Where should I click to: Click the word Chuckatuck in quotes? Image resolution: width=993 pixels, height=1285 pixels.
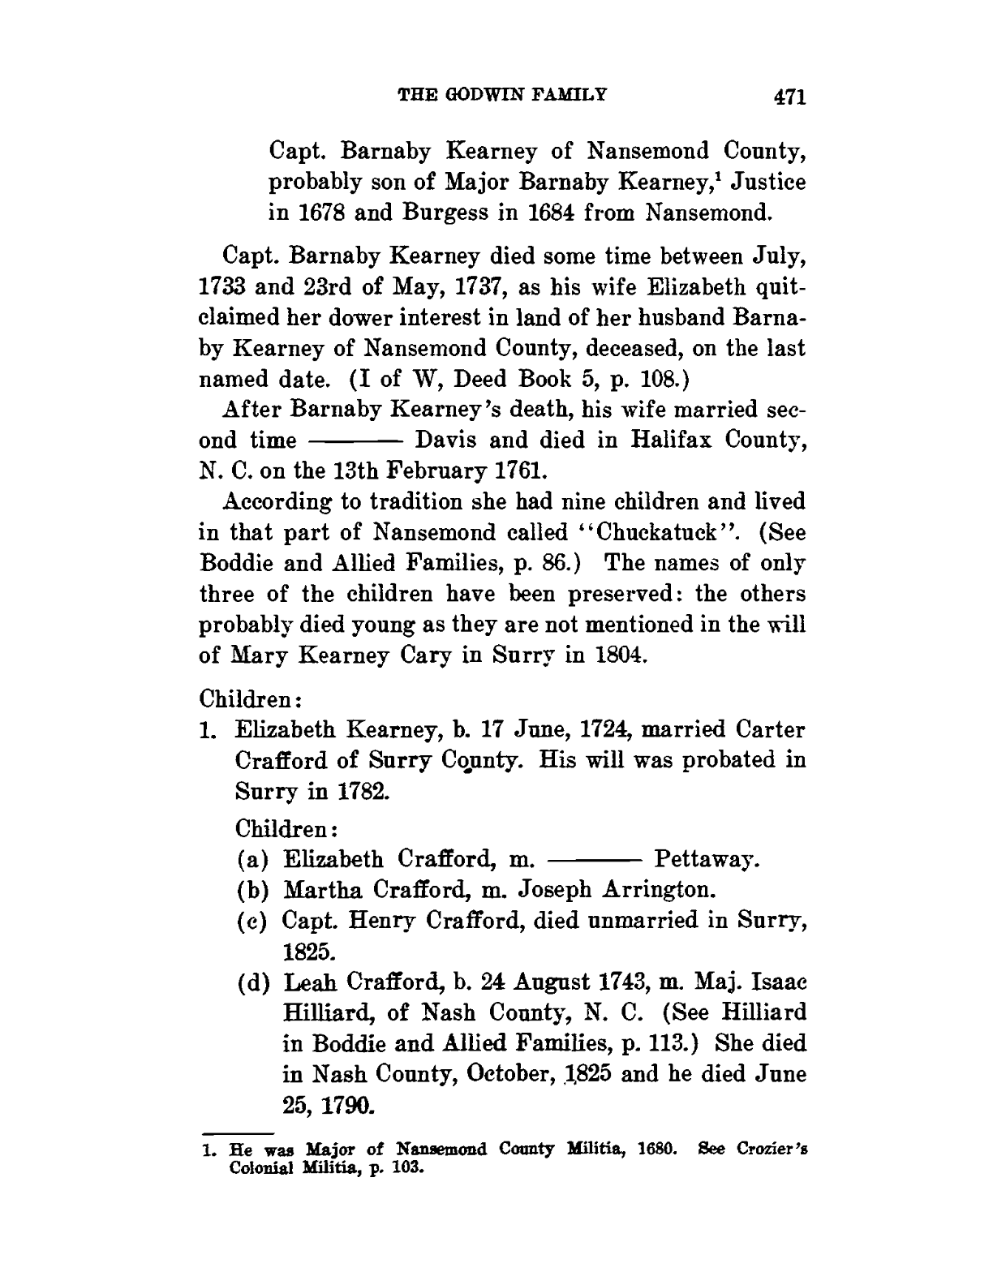(664, 532)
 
